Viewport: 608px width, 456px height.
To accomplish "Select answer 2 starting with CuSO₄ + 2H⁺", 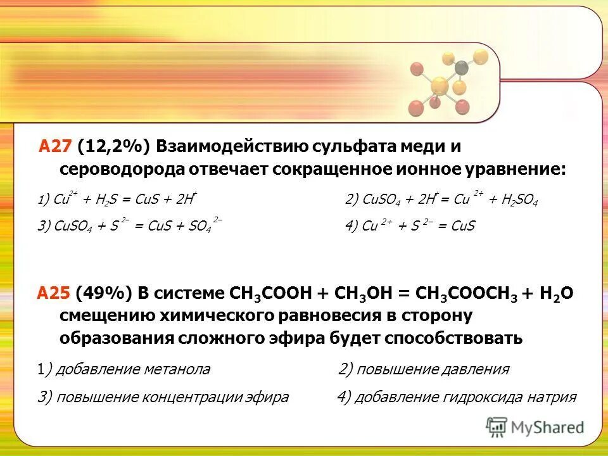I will click(441, 199).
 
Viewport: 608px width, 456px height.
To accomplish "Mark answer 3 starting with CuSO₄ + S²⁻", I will click(129, 226).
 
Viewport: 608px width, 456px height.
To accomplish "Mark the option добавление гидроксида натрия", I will click(457, 398).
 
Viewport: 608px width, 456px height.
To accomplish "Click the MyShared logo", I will click(536, 426).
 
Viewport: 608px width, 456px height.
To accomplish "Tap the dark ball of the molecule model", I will click(462, 66).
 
